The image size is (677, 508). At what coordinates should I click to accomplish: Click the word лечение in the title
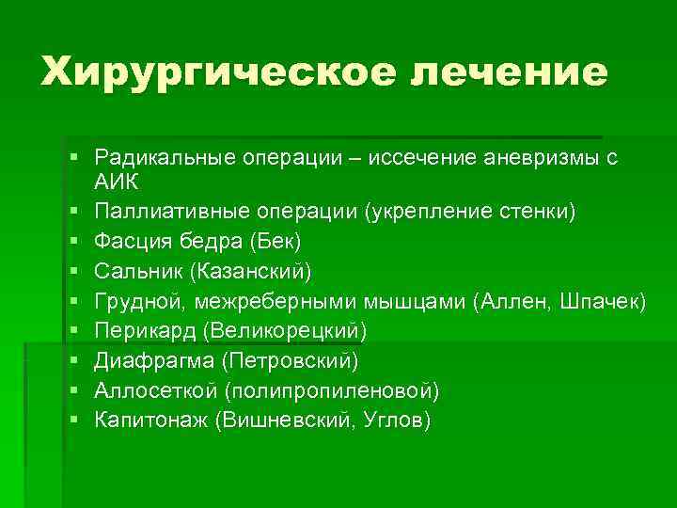(511, 71)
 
